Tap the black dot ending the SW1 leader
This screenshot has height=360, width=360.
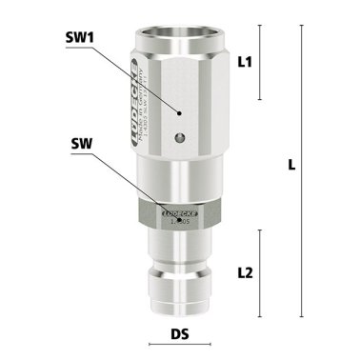coord(178,110)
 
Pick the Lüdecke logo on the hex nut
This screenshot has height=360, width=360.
coord(178,214)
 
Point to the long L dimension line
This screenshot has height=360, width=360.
coord(303,171)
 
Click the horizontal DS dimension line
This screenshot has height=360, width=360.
coord(180,321)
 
